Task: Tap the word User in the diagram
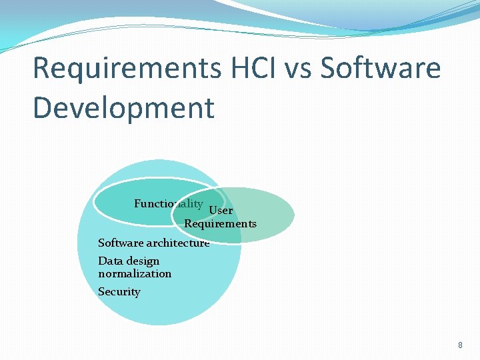221,211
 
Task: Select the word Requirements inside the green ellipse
220,224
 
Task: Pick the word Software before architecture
121,243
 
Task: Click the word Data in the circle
110,261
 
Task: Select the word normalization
135,273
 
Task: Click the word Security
119,292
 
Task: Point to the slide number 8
460,345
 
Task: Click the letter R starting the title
41,69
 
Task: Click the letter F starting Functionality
137,204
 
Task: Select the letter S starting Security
101,292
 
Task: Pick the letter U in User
213,211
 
